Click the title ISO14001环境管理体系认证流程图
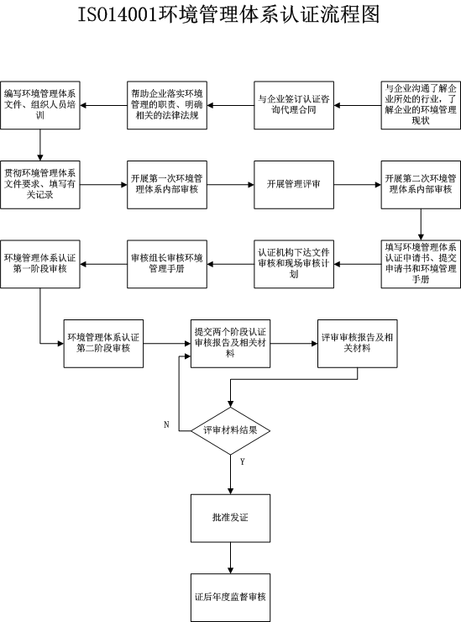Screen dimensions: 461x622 coord(228,14)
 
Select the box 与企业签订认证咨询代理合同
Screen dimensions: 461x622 coord(294,105)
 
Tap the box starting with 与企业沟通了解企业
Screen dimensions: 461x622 coord(421,105)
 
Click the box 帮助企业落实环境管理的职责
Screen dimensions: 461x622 coord(167,105)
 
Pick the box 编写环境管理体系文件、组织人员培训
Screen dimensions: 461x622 coord(40,105)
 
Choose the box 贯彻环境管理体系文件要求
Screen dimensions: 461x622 coord(40,184)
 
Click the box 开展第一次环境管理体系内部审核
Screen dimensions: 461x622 coord(167,184)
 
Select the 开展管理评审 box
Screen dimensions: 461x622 coord(294,184)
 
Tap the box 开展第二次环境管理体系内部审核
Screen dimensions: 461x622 coord(421,184)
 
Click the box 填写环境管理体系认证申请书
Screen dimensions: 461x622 coord(421,264)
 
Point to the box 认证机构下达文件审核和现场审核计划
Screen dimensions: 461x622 coord(294,264)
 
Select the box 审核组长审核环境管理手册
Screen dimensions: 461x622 coord(167,264)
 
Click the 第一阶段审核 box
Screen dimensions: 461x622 coord(40,264)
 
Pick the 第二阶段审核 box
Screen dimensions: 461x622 coord(103,344)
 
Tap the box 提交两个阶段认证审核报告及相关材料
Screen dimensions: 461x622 coord(230,344)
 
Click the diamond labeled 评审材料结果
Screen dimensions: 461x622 coord(230,430)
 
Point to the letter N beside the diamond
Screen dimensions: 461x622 coord(166,424)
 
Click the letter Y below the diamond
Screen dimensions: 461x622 coord(242,461)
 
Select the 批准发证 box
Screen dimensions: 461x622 coord(230,518)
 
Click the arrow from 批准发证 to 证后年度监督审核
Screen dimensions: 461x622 coord(230,558)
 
